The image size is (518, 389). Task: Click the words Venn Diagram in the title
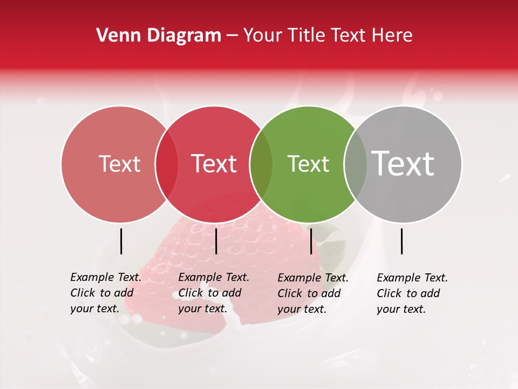pyautogui.click(x=159, y=36)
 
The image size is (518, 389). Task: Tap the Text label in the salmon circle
pyautogui.click(x=119, y=164)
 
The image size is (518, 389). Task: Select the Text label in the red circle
pyautogui.click(x=214, y=164)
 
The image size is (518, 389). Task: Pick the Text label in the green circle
pyautogui.click(x=308, y=164)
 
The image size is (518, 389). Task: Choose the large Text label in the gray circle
pyautogui.click(x=403, y=163)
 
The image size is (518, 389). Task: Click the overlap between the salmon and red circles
pyautogui.click(x=167, y=164)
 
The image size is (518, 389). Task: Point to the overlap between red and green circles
pyautogui.click(x=261, y=164)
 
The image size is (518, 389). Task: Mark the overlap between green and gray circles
pyautogui.click(x=356, y=164)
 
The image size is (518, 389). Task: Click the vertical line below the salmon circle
pyautogui.click(x=121, y=241)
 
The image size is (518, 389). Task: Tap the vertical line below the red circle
pyautogui.click(x=216, y=241)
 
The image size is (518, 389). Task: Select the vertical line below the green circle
pyautogui.click(x=311, y=241)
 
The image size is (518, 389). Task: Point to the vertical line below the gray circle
pyautogui.click(x=401, y=241)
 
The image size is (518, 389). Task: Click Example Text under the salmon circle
pyautogui.click(x=106, y=277)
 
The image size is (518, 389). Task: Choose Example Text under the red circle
pyautogui.click(x=214, y=277)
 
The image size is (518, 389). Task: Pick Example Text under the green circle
pyautogui.click(x=313, y=278)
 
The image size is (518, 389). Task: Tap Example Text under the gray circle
pyautogui.click(x=412, y=278)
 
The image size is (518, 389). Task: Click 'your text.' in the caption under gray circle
pyautogui.click(x=401, y=309)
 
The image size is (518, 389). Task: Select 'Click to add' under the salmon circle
pyautogui.click(x=101, y=293)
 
